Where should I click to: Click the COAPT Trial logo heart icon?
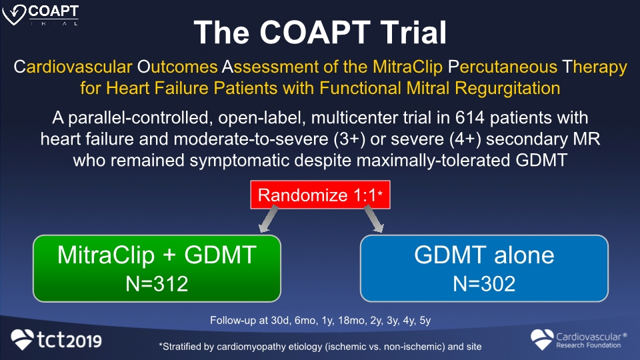[x=14, y=14]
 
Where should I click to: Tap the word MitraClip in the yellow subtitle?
[x=407, y=67]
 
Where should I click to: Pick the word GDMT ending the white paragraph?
[x=541, y=160]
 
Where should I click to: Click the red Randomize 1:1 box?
[x=321, y=195]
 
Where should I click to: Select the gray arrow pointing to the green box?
[x=269, y=219]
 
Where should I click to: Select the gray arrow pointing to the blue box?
[x=373, y=219]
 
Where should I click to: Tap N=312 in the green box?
[x=157, y=284]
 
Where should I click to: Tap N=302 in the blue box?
[x=484, y=284]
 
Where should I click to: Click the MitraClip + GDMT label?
[x=157, y=255]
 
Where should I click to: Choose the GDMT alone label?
[x=484, y=255]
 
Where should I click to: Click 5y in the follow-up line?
[x=425, y=321]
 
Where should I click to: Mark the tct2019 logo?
[x=56, y=339]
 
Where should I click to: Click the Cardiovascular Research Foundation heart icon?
[x=542, y=339]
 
